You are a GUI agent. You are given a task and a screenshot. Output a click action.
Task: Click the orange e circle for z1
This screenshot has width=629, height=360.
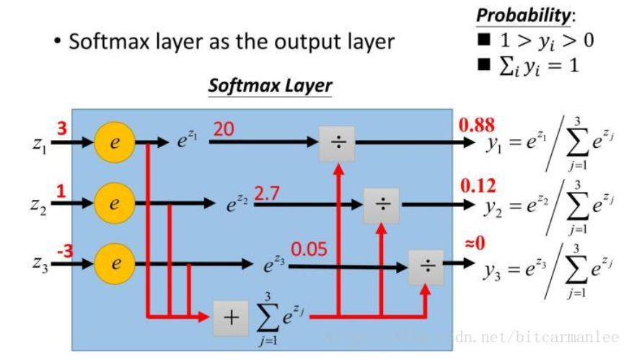pyautogui.click(x=113, y=143)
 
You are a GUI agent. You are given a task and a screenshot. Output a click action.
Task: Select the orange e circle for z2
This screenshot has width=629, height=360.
pyautogui.click(x=113, y=204)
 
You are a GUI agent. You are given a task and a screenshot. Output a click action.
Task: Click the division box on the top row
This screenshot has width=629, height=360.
pyautogui.click(x=338, y=143)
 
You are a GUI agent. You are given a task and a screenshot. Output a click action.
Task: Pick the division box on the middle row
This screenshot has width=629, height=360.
pyautogui.click(x=382, y=204)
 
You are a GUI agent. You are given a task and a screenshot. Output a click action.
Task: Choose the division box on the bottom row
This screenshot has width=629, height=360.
pyautogui.click(x=427, y=267)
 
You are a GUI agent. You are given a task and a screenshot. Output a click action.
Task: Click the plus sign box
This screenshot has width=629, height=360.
pyautogui.click(x=230, y=317)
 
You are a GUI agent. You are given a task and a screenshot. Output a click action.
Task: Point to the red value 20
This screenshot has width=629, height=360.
pyautogui.click(x=224, y=128)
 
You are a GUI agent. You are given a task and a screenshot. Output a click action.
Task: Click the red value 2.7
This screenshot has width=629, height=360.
pyautogui.click(x=266, y=192)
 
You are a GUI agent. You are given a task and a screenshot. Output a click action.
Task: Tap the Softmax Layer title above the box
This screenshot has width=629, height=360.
pyautogui.click(x=270, y=85)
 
